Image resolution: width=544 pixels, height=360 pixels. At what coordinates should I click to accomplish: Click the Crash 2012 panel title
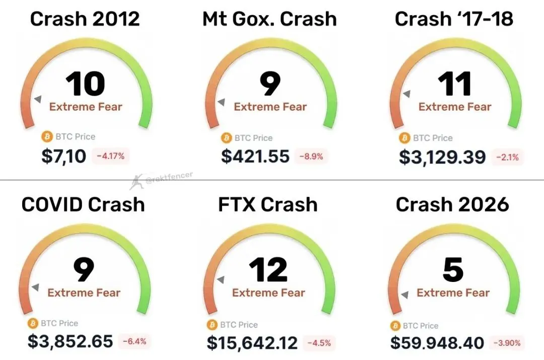coord(85,19)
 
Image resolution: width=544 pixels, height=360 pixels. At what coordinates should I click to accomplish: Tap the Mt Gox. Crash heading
coord(269,19)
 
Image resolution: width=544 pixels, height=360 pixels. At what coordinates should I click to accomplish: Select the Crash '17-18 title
coord(454,19)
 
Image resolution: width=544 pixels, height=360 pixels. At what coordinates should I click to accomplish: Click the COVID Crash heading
coord(83,204)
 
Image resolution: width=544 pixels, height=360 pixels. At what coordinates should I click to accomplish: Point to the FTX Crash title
coord(268,204)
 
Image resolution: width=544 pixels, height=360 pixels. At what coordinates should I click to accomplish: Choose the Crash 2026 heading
coord(452,204)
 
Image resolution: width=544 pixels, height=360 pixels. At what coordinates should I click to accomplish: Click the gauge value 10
coord(86,84)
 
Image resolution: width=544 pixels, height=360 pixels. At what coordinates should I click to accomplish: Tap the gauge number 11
coord(454,84)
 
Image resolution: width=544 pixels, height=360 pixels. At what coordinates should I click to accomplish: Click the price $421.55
coord(255,157)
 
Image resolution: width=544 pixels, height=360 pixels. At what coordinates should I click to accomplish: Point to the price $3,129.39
coord(442,157)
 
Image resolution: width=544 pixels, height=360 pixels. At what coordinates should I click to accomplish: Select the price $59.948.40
coord(437,343)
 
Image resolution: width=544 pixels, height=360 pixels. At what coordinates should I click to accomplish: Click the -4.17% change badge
coord(113,157)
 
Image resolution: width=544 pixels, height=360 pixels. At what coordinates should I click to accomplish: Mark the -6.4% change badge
coord(134,341)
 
